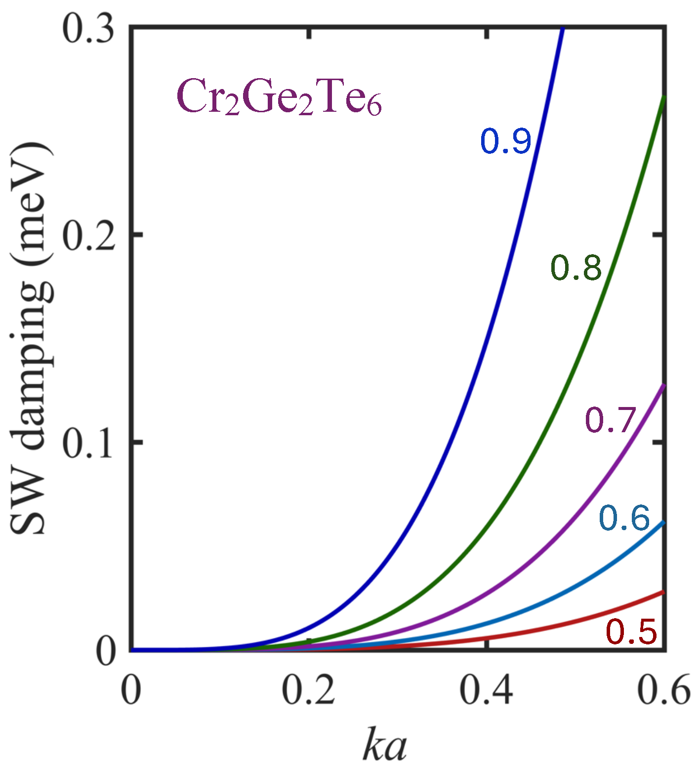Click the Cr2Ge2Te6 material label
click(x=279, y=97)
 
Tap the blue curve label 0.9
click(x=506, y=141)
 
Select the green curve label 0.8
click(x=576, y=269)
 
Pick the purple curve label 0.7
click(x=610, y=420)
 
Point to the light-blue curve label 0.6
click(x=624, y=519)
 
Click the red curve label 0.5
click(x=631, y=633)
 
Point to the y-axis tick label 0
click(x=106, y=652)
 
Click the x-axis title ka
click(x=385, y=744)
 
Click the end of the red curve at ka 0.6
click(x=663, y=592)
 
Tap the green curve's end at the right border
click(x=663, y=97)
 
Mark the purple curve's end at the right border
click(x=663, y=385)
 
